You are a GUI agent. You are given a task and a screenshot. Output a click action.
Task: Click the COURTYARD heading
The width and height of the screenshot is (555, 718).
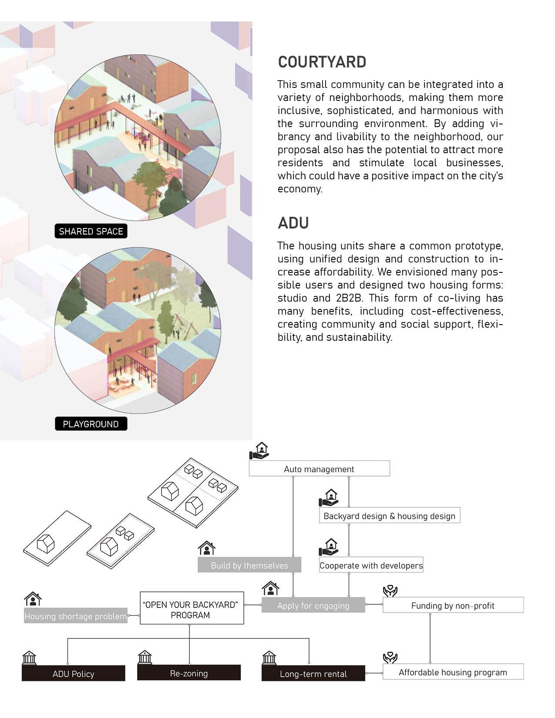click(x=322, y=62)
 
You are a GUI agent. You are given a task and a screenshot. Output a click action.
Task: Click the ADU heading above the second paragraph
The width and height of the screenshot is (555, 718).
click(x=293, y=223)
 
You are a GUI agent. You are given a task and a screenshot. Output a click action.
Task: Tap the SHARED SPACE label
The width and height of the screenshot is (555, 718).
click(x=91, y=232)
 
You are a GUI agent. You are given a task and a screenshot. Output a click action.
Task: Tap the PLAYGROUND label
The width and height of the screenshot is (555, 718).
click(x=91, y=424)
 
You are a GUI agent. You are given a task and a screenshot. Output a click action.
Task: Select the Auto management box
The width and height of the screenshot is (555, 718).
click(x=319, y=469)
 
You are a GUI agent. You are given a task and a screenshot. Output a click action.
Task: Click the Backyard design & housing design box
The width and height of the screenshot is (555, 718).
click(x=389, y=516)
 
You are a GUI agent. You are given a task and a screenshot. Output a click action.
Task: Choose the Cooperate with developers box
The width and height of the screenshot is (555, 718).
click(x=371, y=565)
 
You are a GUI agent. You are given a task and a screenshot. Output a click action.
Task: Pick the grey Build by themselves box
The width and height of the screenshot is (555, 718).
click(x=249, y=565)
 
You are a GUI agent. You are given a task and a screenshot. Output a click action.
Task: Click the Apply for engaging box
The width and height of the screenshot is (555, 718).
click(x=313, y=606)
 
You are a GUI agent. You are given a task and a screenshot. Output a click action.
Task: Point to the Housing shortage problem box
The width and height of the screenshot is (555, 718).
click(x=75, y=616)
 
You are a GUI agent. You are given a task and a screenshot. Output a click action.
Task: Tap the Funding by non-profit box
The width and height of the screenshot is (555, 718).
click(x=453, y=605)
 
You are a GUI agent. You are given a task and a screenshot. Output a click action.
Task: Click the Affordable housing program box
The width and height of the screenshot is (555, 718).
click(x=453, y=672)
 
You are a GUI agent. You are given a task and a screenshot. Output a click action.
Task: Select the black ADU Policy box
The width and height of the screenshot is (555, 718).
click(x=73, y=674)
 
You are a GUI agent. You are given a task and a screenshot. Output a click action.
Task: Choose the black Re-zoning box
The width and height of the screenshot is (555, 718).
click(x=188, y=673)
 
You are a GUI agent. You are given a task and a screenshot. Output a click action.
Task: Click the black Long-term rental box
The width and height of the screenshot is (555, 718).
click(x=313, y=674)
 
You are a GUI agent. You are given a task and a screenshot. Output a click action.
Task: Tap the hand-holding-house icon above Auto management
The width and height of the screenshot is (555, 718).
click(x=259, y=451)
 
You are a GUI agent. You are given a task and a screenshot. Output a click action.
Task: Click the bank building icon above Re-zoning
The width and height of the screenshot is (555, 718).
click(x=145, y=657)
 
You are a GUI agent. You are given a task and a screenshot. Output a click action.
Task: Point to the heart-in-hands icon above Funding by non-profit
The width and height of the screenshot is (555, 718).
click(x=390, y=591)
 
